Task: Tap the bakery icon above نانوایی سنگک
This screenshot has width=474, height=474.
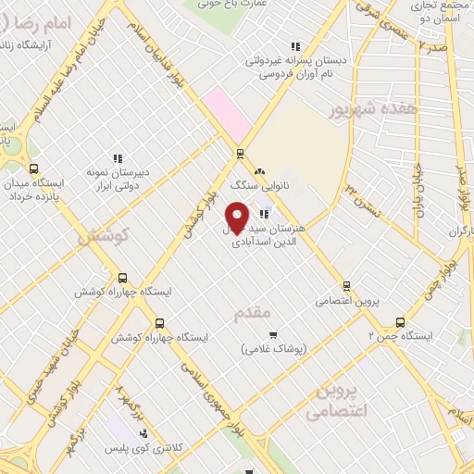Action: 258,171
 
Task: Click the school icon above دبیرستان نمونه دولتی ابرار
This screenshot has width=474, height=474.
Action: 117,158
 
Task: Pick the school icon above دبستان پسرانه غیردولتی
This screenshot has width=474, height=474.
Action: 295,45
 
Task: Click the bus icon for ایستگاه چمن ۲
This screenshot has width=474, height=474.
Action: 400,322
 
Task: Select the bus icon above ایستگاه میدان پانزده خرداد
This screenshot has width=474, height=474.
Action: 34,168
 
